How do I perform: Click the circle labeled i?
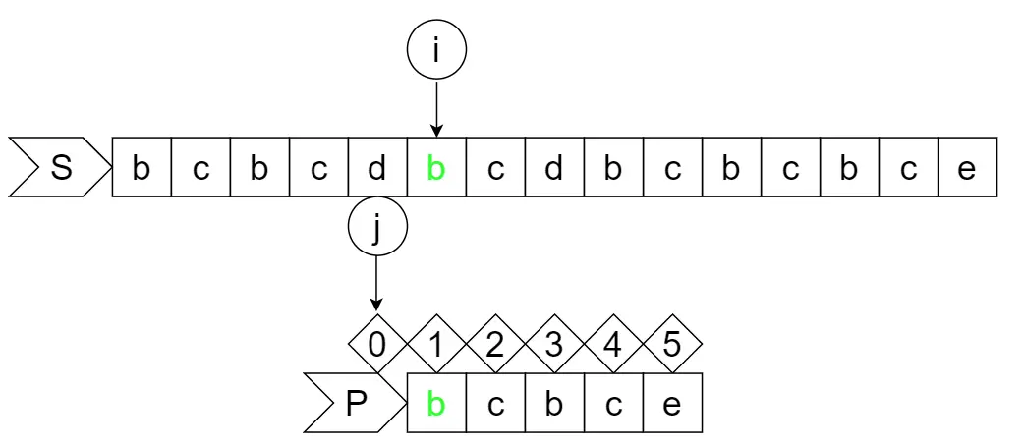click(436, 50)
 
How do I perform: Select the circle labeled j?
click(377, 228)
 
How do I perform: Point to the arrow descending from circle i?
click(436, 107)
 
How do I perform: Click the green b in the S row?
click(436, 168)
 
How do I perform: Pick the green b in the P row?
click(436, 404)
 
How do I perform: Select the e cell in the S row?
click(967, 168)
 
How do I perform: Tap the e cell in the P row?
click(672, 404)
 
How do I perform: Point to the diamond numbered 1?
click(436, 344)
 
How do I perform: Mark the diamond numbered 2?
click(495, 344)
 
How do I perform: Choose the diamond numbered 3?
click(554, 344)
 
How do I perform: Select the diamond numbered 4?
click(613, 344)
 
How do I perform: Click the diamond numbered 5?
click(672, 344)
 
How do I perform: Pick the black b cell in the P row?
click(554, 404)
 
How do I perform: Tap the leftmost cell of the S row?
click(142, 168)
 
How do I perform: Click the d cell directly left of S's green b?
click(377, 168)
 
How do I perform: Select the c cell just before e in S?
click(908, 168)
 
